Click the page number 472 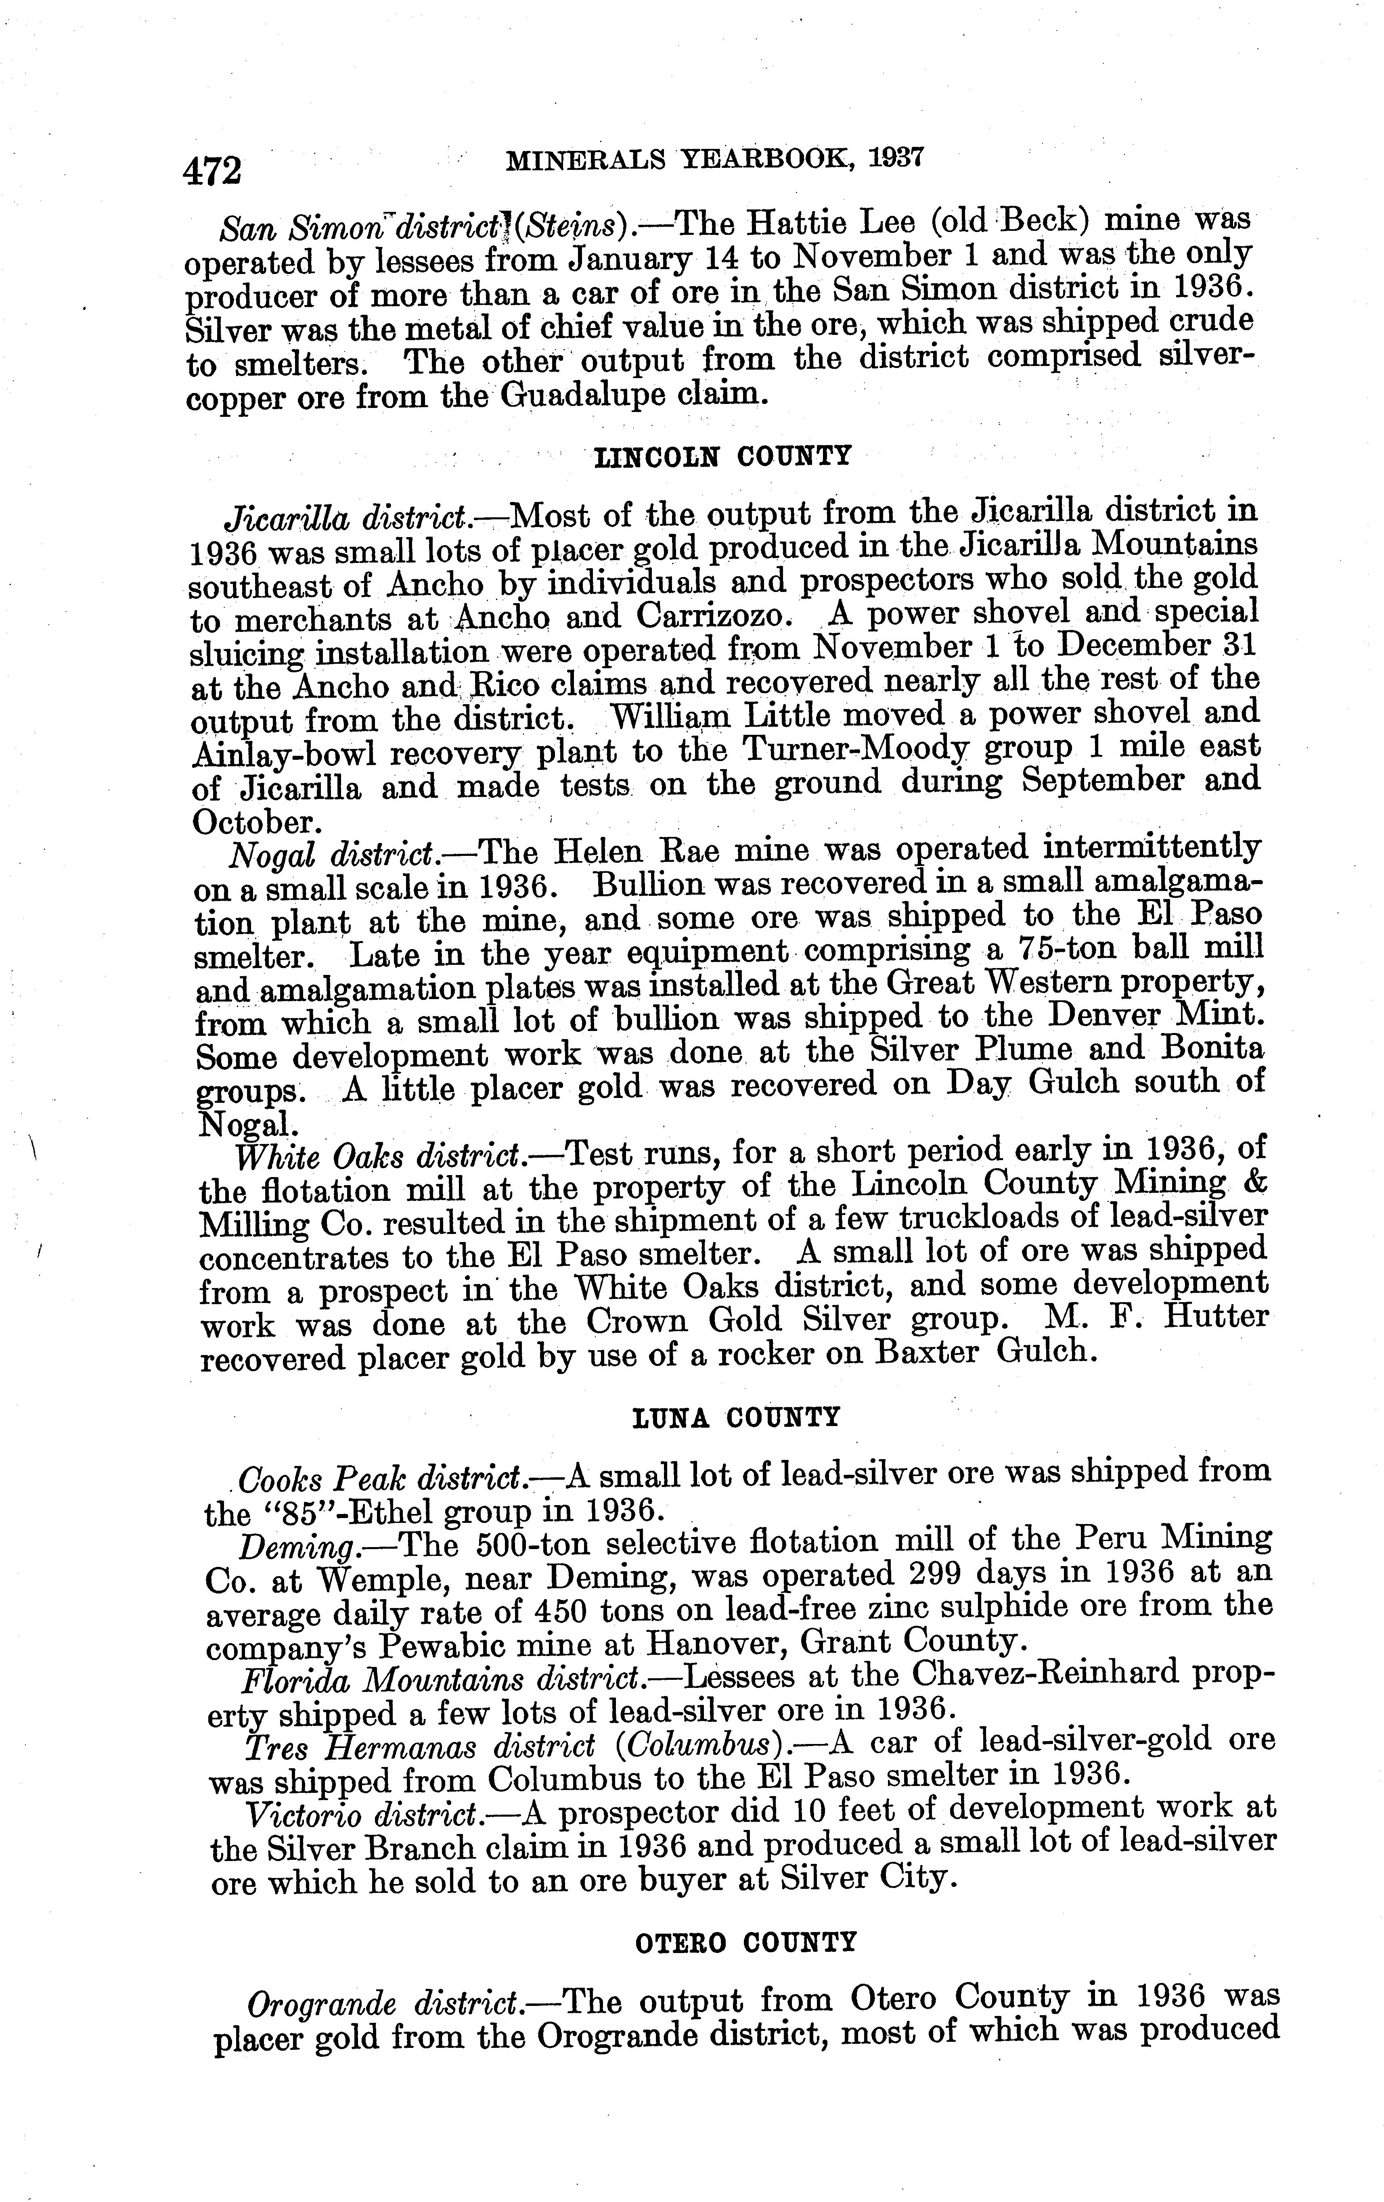[x=212, y=170]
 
